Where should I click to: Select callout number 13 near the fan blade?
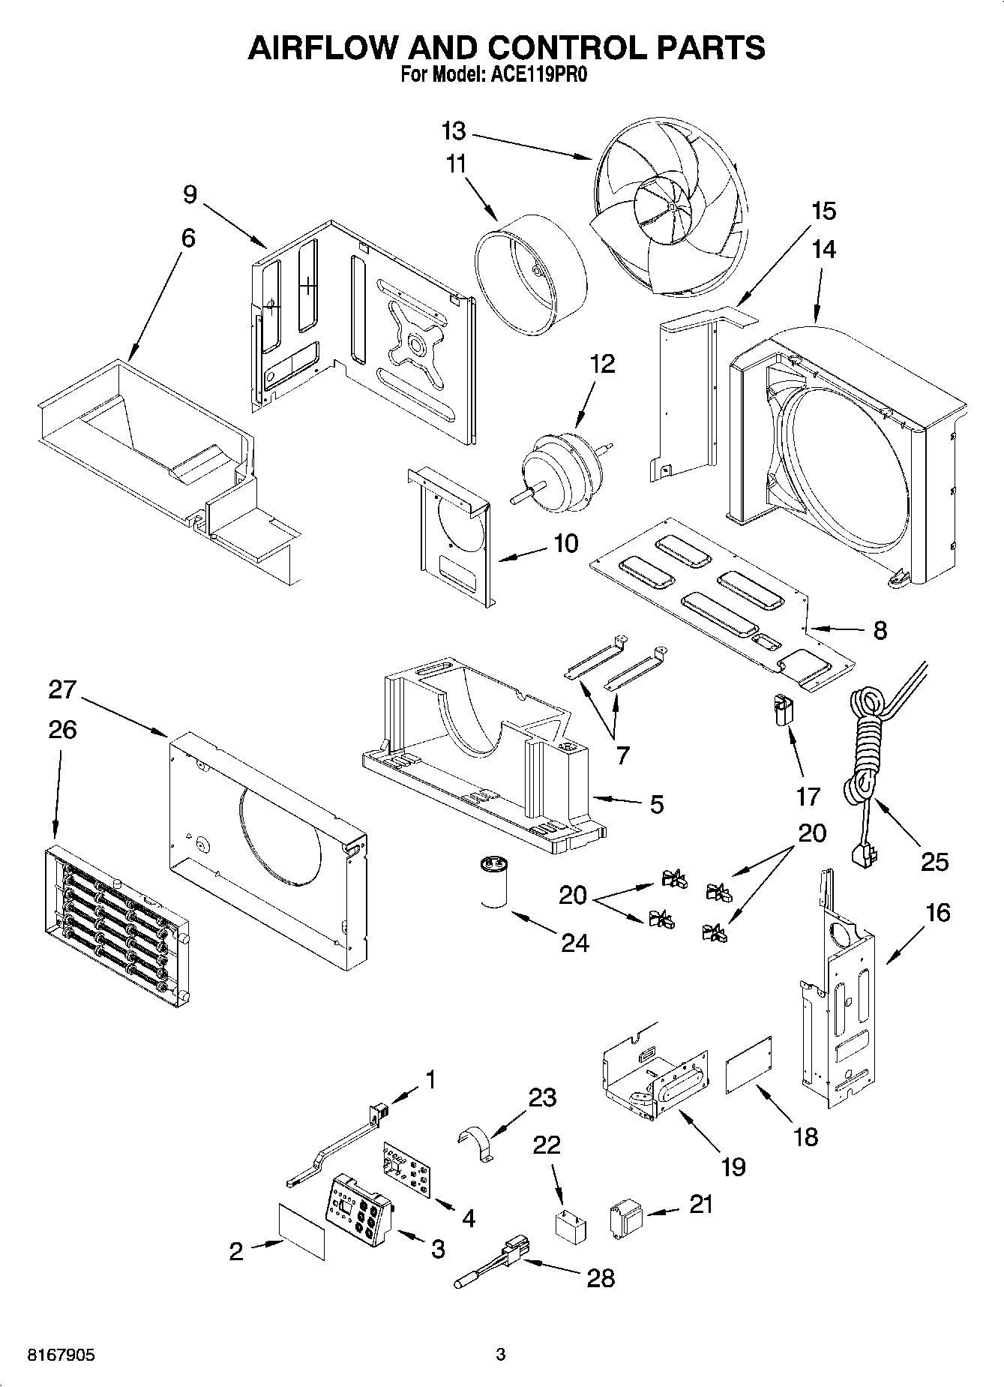pyautogui.click(x=454, y=131)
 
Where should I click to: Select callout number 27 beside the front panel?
pyautogui.click(x=63, y=689)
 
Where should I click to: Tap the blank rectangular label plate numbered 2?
pyautogui.click(x=302, y=1232)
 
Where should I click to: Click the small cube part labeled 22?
pyautogui.click(x=571, y=1226)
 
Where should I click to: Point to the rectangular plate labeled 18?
pyautogui.click(x=749, y=1066)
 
